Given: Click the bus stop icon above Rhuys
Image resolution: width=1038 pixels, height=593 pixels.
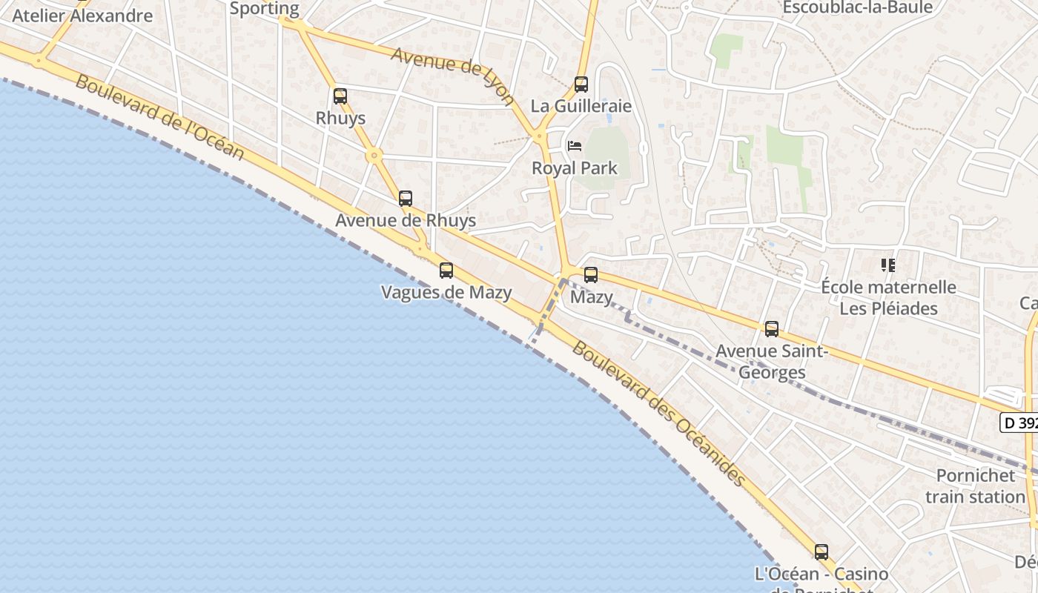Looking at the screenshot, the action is coord(340,96).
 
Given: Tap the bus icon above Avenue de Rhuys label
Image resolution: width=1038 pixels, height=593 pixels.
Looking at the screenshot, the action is coord(406,199).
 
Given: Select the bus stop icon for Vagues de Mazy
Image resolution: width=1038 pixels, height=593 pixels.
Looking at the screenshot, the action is coord(446,271).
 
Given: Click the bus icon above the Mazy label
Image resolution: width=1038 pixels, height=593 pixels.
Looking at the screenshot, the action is coord(591,275).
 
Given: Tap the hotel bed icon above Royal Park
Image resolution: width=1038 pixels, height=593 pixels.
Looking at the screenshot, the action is coord(574,146).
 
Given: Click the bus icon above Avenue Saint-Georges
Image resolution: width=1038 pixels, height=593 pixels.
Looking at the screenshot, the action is coord(772,329).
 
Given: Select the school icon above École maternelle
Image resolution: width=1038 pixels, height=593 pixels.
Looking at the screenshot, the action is coord(887,265).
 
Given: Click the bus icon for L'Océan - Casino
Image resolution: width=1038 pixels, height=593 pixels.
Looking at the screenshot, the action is coord(822,552).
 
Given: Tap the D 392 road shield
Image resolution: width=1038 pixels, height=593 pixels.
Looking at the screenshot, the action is coord(1019,423).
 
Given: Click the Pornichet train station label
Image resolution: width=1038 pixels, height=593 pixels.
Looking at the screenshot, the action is coord(974,486).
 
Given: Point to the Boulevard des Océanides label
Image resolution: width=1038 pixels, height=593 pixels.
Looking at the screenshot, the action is coord(658,414).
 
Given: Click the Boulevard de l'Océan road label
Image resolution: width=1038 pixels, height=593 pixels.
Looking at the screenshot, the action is coord(159,117).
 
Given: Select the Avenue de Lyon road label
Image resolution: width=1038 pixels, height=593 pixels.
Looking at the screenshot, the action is coord(452,76).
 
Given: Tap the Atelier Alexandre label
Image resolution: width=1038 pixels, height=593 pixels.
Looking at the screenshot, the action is coord(82,16).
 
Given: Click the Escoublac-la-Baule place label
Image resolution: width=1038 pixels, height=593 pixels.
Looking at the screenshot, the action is coord(858,7).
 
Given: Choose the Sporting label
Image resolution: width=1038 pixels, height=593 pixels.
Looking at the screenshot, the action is coord(265,9).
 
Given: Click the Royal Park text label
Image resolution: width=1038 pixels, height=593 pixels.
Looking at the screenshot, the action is coord(575,168).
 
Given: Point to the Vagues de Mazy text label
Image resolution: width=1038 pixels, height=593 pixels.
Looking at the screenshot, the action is coord(446,293).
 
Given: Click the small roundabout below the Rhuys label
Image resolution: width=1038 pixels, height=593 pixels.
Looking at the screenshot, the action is coord(374,156).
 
